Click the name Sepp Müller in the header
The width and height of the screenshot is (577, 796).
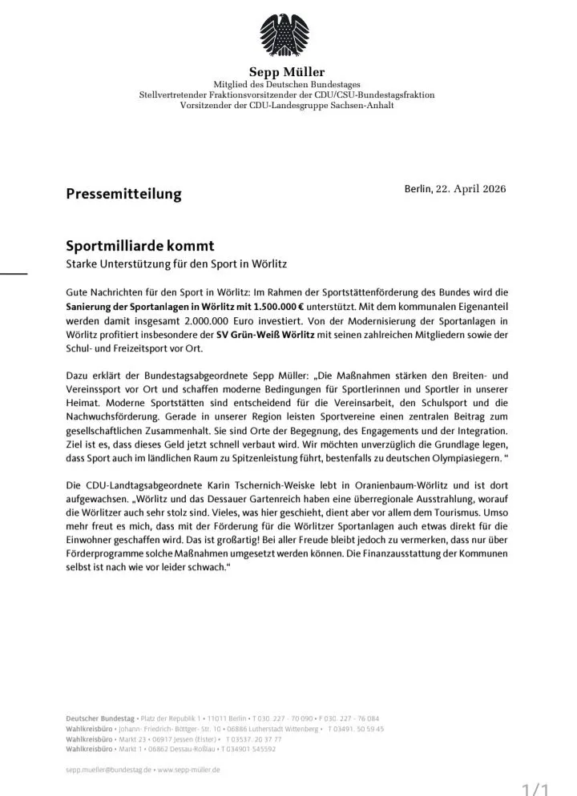(x=286, y=72)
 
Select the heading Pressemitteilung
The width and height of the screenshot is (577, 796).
(x=123, y=194)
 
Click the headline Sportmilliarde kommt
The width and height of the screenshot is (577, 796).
(x=140, y=246)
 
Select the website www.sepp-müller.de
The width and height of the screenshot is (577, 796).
(x=188, y=769)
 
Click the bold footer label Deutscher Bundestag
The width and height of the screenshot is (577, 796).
(x=100, y=718)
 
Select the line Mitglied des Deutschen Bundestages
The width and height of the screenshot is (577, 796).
(x=286, y=85)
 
